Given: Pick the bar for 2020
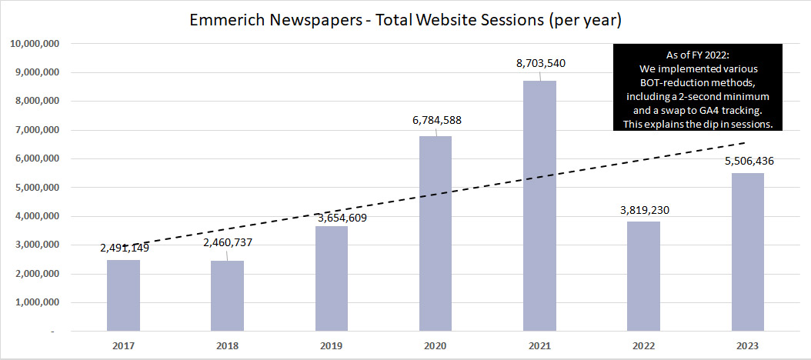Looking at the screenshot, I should pyautogui.click(x=436, y=234).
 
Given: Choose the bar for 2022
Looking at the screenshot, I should pyautogui.click(x=643, y=276).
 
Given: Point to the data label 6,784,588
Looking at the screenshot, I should pyautogui.click(x=436, y=120).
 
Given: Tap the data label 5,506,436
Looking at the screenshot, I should pyautogui.click(x=747, y=162).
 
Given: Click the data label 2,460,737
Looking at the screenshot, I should pyautogui.click(x=227, y=243).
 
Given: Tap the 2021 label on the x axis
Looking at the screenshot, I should pyautogui.click(x=539, y=345).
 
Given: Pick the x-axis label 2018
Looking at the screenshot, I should pyautogui.click(x=227, y=345).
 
